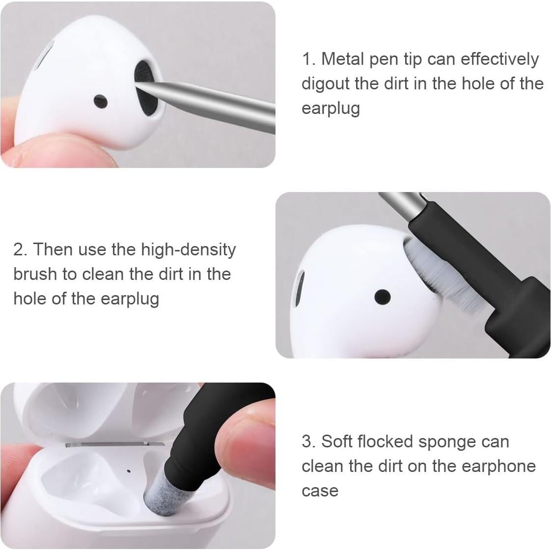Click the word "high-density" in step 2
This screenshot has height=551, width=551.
188,250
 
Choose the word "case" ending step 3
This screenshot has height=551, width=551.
320,491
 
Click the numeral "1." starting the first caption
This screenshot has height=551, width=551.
308,59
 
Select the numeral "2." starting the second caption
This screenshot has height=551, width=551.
20,250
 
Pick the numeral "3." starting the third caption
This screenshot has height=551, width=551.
308,442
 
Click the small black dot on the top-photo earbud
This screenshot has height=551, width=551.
101,101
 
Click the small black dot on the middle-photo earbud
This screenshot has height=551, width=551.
382,297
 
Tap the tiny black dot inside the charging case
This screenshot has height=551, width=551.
129,471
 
